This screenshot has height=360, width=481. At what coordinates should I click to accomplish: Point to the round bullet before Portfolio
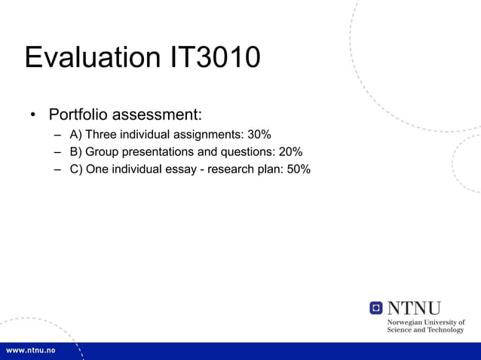33,116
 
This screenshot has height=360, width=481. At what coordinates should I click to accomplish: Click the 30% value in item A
259,135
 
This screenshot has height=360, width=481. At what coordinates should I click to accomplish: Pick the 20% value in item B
291,152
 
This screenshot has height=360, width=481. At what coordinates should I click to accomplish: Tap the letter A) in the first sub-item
76,135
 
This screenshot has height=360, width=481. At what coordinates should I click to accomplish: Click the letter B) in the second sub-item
76,152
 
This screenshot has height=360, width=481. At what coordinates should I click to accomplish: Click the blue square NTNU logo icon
376,308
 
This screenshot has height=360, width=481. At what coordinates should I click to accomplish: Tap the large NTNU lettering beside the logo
414,308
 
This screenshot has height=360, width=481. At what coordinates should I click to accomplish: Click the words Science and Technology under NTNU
425,330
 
